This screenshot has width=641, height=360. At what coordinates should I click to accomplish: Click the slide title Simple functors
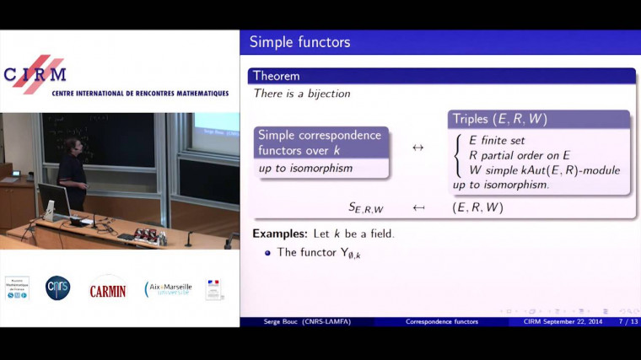click(299, 42)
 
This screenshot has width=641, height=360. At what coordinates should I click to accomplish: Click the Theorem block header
click(277, 76)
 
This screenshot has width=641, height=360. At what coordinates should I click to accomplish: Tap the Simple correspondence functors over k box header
click(320, 142)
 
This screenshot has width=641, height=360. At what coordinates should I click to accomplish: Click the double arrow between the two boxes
click(417, 148)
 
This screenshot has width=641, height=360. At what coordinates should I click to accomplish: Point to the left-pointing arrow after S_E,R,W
click(417, 207)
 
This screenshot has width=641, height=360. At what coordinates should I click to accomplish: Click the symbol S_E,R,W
click(366, 207)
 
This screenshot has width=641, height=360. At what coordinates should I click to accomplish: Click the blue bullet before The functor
click(268, 252)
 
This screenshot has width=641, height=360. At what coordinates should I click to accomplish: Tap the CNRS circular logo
click(58, 287)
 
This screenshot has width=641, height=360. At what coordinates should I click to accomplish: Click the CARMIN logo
click(108, 289)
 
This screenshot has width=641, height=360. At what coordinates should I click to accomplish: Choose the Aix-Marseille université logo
click(169, 289)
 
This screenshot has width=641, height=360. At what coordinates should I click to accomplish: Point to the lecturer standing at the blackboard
click(73, 173)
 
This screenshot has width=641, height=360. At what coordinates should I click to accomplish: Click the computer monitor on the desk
click(53, 200)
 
